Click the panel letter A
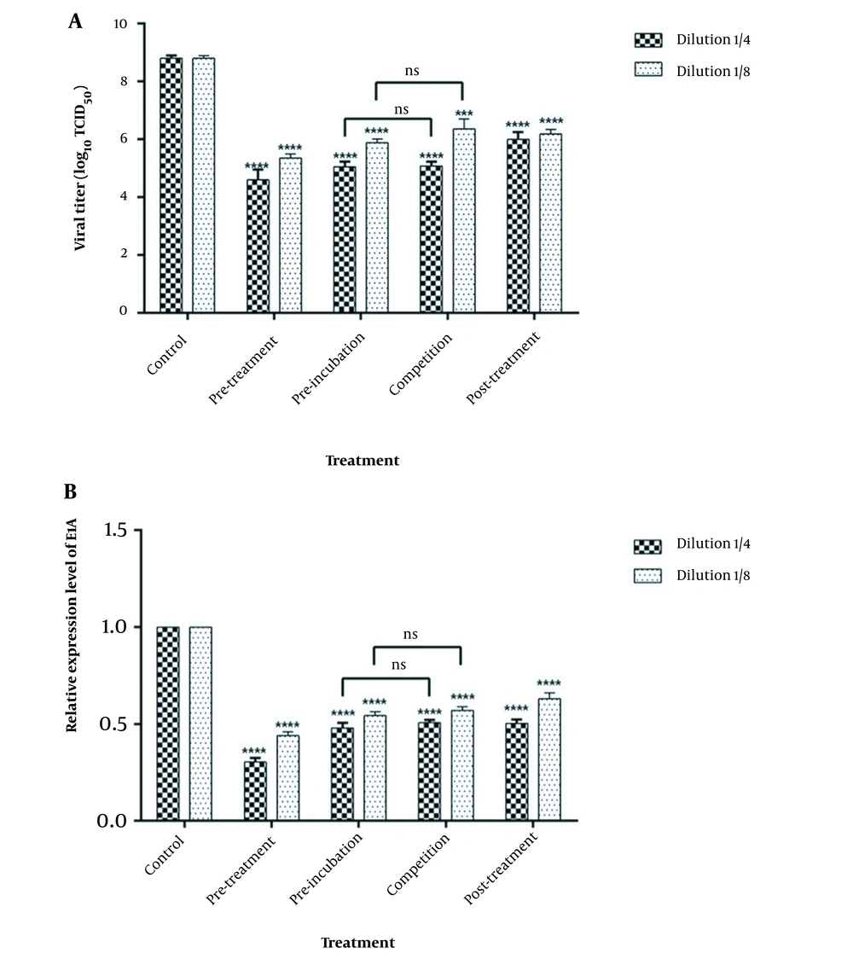pos(75,22)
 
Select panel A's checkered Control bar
pos(171,184)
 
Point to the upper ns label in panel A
pos(418,72)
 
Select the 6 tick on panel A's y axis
pos(123,139)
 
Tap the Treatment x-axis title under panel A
pos(362,461)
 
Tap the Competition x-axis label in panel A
pos(420,364)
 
